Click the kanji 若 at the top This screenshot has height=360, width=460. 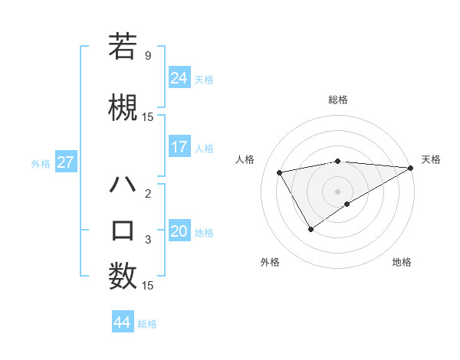[x=123, y=47]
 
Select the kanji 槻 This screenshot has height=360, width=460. [x=123, y=107]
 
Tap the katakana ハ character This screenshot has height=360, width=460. [x=123, y=185]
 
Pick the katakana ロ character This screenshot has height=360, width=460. [x=123, y=231]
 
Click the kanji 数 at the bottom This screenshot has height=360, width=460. [x=123, y=277]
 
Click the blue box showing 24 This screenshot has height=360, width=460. [x=179, y=78]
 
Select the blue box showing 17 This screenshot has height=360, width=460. [x=179, y=147]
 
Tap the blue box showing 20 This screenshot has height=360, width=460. [x=179, y=231]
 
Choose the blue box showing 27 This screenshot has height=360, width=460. [x=66, y=162]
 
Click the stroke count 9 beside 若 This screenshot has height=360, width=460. [x=147, y=56]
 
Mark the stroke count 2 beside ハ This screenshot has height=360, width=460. [x=147, y=194]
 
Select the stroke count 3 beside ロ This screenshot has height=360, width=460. [x=147, y=240]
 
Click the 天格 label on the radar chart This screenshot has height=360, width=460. [x=431, y=159]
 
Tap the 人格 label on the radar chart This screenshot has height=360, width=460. [x=245, y=159]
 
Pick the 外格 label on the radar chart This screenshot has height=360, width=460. [x=270, y=263]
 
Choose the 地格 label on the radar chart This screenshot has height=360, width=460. [x=402, y=263]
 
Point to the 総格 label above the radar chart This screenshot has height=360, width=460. [x=338, y=100]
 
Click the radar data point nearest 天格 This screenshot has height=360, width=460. [x=411, y=168]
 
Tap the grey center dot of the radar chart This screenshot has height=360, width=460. [x=337, y=191]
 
